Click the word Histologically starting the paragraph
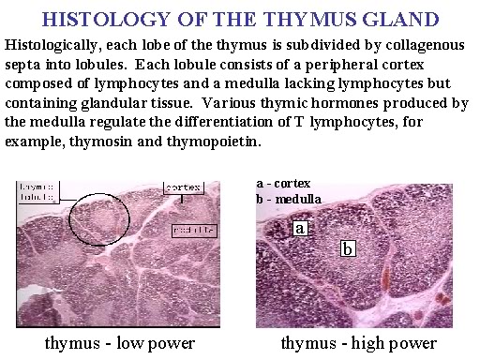click(x=55, y=45)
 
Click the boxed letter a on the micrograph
click(x=301, y=228)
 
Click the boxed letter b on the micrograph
click(x=348, y=248)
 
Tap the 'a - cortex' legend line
click(x=282, y=183)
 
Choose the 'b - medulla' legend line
click(x=287, y=198)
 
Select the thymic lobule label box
click(x=39, y=191)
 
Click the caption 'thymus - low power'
click(x=119, y=343)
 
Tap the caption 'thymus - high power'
click(x=359, y=343)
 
